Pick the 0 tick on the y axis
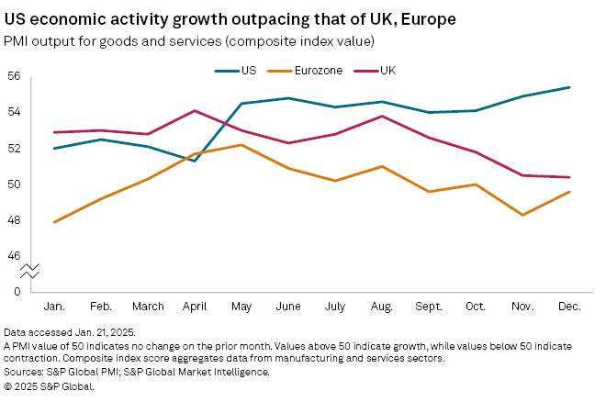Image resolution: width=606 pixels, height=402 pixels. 16,291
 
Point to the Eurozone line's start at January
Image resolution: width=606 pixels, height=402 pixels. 55,222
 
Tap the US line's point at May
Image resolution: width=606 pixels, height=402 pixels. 241,103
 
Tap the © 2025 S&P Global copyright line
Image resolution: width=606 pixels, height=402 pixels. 49,385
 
